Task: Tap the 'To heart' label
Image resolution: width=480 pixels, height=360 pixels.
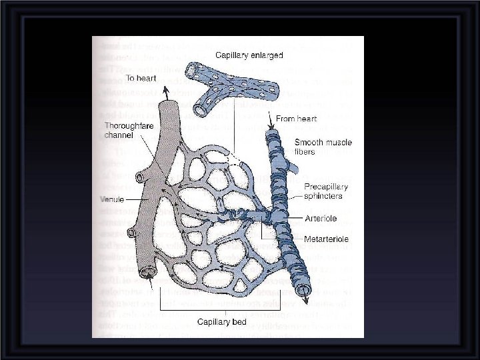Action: (x=142, y=78)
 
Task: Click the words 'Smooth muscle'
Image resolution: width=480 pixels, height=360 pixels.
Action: (x=323, y=143)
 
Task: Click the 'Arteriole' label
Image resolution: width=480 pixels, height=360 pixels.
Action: (x=321, y=218)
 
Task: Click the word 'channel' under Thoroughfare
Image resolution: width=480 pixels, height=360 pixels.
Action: (x=119, y=135)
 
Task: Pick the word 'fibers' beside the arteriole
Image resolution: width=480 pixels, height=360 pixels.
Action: (x=306, y=152)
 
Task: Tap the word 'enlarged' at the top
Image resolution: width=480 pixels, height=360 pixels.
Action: (x=265, y=55)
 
